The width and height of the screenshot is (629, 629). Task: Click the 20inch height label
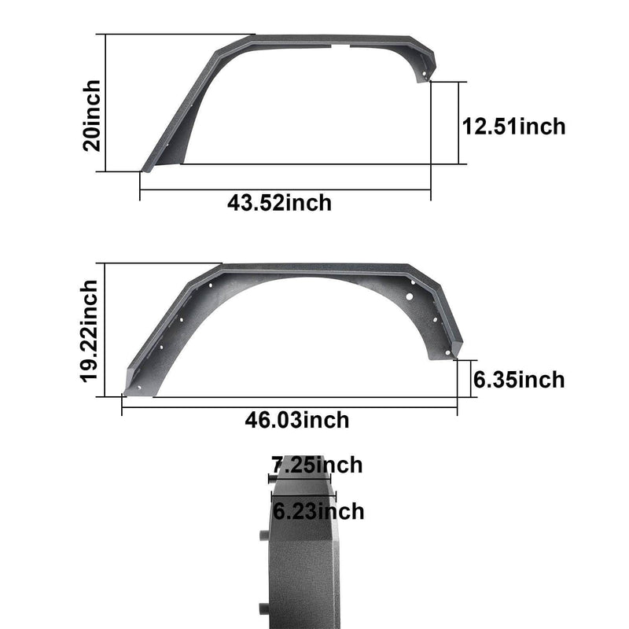tap(92, 115)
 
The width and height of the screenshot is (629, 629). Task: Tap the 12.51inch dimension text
tap(513, 126)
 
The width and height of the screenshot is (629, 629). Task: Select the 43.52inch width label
tap(280, 202)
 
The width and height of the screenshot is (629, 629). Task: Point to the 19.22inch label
tap(91, 330)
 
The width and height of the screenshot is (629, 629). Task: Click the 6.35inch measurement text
tap(519, 380)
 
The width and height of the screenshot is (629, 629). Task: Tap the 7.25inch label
tap(317, 465)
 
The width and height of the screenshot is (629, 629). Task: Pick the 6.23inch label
tap(318, 512)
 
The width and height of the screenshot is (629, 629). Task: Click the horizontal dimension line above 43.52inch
tap(285, 189)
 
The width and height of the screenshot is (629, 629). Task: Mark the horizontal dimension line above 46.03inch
tap(289, 406)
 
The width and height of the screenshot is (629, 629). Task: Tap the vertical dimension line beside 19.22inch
tap(104, 330)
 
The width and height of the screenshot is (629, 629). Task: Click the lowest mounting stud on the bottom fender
tap(262, 608)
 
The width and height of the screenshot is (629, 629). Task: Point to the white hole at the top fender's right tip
tap(425, 75)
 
